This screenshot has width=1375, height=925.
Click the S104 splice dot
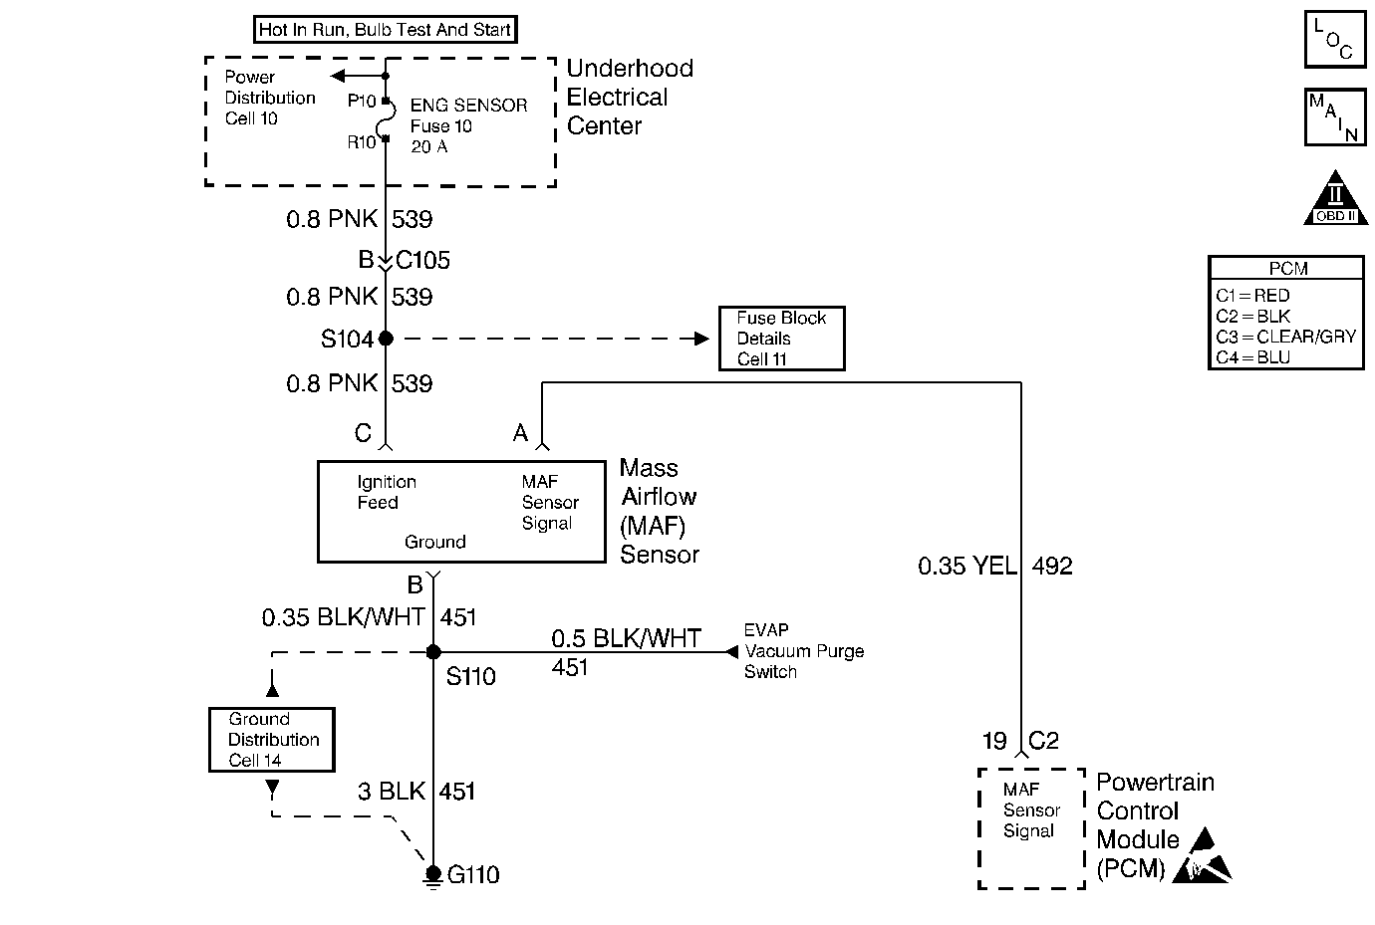tap(386, 338)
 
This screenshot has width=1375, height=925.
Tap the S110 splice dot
tap(433, 652)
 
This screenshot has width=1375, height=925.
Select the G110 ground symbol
tap(433, 877)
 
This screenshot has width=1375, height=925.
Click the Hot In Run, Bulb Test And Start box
tap(386, 30)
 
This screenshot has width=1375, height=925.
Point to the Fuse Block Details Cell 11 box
tap(782, 339)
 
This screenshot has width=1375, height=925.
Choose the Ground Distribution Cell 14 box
tap(272, 740)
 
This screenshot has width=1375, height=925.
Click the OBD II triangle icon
tap(1335, 198)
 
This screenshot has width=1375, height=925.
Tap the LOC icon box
tap(1335, 39)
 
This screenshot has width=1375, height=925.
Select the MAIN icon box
tap(1335, 117)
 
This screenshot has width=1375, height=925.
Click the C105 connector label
tap(422, 260)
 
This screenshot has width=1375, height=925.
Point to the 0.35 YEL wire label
tap(966, 566)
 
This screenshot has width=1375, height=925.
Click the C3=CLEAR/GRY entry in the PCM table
tap(1285, 337)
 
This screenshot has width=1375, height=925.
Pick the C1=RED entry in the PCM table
tap(1252, 296)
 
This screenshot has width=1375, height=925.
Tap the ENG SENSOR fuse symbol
tap(387, 119)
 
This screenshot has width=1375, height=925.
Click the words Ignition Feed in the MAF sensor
tap(387, 492)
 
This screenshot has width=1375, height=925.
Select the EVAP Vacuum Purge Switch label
tap(804, 651)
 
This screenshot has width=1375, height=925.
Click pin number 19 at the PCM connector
tap(994, 741)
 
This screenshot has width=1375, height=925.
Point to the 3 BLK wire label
tap(391, 792)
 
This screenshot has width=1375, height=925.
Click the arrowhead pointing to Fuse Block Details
tap(701, 338)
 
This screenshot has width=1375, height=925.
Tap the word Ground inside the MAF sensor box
tap(435, 542)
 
